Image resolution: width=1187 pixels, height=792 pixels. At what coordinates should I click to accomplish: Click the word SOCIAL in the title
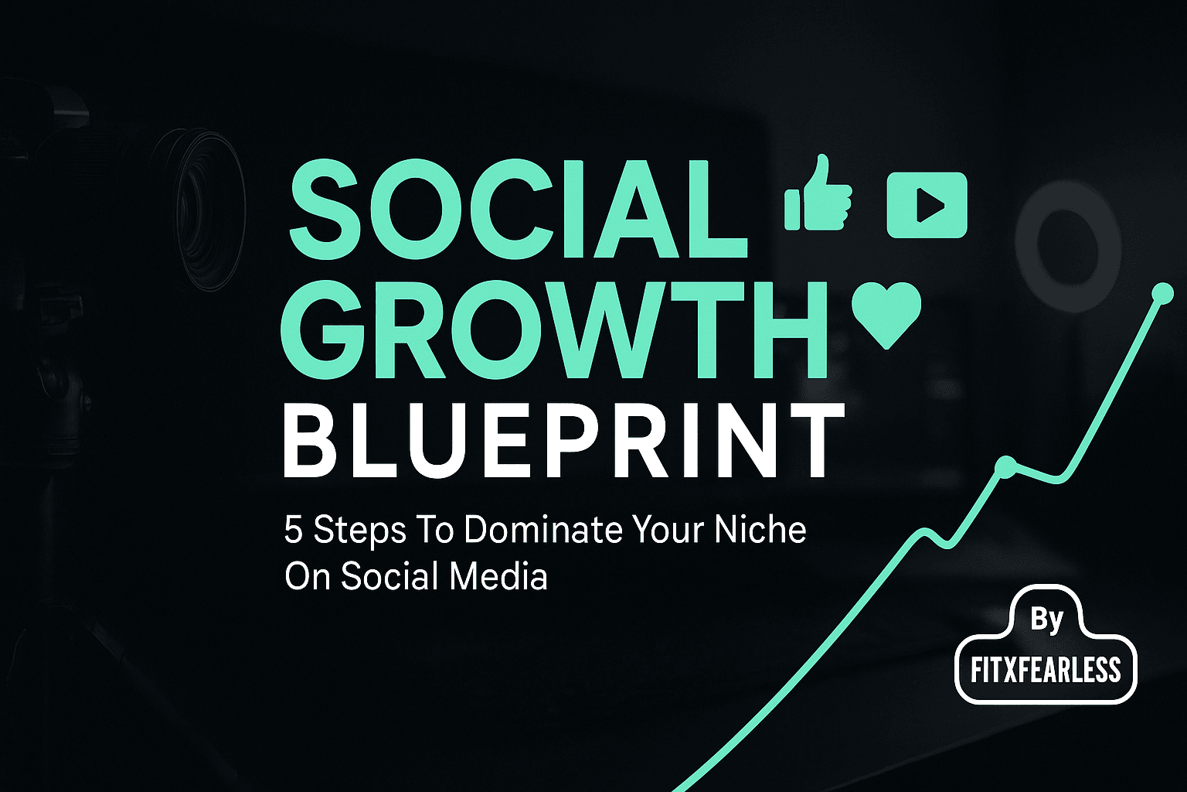(x=517, y=209)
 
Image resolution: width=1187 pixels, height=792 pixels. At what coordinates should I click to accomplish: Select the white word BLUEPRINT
(x=564, y=441)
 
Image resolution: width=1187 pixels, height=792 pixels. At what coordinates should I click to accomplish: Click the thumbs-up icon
(x=818, y=193)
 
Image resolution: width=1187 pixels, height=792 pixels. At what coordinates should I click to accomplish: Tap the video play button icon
(x=927, y=205)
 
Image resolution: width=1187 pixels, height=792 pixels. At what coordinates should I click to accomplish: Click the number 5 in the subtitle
(x=293, y=530)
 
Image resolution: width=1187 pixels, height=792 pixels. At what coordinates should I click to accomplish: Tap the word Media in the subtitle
(x=498, y=576)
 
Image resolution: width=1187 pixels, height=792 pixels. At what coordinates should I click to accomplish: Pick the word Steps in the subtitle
(x=360, y=531)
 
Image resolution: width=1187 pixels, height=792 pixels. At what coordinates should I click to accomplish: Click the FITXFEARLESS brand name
(x=1046, y=670)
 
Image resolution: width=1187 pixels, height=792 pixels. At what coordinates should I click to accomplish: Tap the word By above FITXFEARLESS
(x=1046, y=620)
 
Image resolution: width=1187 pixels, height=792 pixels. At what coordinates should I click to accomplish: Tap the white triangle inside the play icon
(x=930, y=205)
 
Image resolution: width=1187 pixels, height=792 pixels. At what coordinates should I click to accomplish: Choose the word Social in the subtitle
(x=389, y=576)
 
